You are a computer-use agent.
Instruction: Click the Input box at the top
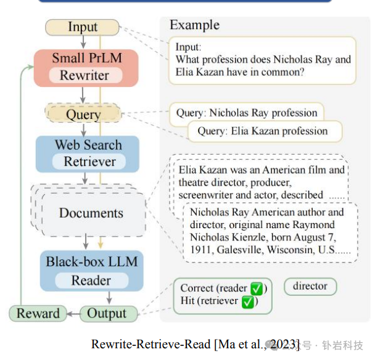point(83,27)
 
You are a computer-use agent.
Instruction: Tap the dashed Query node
point(83,114)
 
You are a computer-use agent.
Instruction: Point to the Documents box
point(91,213)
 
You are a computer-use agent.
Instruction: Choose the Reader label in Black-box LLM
point(91,280)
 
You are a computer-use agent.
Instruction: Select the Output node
point(107,313)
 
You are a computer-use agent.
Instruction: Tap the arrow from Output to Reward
point(71,313)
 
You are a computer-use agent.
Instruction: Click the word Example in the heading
point(194,25)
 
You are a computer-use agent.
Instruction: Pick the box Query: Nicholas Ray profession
point(247,113)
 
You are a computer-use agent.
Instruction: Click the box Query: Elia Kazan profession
point(262,131)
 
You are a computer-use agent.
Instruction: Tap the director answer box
point(310,287)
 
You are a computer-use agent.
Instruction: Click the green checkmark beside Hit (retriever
point(247,302)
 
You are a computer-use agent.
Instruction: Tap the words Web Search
point(88,145)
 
